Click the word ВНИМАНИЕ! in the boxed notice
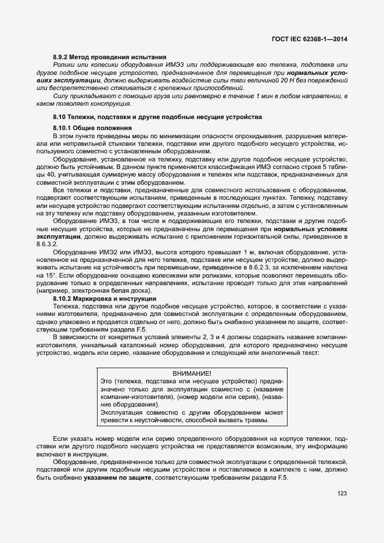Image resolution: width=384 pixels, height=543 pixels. coord(192,373)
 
